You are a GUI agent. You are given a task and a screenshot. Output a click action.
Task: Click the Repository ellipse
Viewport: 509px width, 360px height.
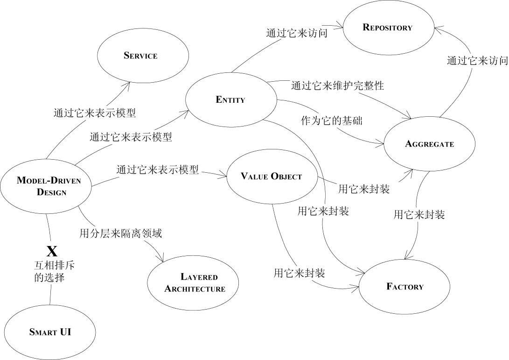pos(388,28)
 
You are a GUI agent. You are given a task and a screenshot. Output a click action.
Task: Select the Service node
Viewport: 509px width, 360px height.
pos(140,56)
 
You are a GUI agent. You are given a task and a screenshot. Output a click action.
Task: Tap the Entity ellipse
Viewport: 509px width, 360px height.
pos(230,99)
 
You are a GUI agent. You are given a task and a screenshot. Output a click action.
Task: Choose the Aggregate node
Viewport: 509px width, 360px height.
pos(429,144)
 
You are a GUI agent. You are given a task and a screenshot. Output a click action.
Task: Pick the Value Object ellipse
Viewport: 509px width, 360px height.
pos(271,176)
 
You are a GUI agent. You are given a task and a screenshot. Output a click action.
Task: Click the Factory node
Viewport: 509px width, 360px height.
pos(404,286)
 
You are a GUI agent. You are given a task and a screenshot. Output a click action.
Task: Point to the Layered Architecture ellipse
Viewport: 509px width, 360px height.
pos(194,282)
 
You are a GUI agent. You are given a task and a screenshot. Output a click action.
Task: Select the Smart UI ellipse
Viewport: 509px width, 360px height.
pos(50,332)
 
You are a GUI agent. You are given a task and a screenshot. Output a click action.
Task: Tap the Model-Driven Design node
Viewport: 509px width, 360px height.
pos(46,186)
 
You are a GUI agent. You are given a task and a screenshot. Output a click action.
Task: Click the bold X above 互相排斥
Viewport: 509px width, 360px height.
pos(52,252)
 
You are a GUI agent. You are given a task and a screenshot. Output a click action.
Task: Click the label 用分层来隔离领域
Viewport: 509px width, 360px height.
pos(120,233)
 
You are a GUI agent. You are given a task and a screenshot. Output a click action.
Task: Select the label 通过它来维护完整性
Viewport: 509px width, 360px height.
pos(337,85)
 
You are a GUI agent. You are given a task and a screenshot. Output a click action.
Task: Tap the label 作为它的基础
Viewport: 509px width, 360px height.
pos(331,120)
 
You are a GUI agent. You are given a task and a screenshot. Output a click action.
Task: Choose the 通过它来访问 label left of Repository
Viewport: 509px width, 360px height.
pos(296,33)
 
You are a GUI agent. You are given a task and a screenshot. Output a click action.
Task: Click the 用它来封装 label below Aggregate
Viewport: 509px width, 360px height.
pos(419,215)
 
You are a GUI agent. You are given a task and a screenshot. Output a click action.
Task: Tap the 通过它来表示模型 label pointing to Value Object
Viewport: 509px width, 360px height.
pos(158,169)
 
